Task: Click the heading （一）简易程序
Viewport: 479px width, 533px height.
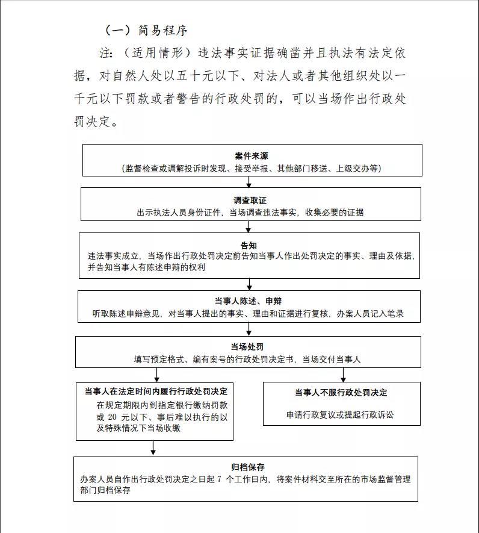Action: (147, 30)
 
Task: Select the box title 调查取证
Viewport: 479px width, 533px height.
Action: (250, 200)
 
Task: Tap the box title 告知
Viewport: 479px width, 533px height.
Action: (249, 245)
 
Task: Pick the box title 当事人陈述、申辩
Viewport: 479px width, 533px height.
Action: (248, 301)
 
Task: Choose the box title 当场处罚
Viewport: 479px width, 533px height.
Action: (247, 347)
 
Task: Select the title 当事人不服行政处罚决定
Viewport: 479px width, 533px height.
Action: (341, 393)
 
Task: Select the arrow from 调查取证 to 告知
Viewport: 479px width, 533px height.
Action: (248, 227)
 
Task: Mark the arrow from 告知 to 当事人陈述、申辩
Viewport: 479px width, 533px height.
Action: (249, 284)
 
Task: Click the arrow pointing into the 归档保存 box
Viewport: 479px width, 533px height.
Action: (153, 448)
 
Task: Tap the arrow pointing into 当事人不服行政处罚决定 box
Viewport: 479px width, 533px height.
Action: (343, 375)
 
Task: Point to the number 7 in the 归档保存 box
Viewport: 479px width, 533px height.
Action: (220, 479)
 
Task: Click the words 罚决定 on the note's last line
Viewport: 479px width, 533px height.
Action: (93, 122)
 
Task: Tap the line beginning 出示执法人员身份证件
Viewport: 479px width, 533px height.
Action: (250, 212)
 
